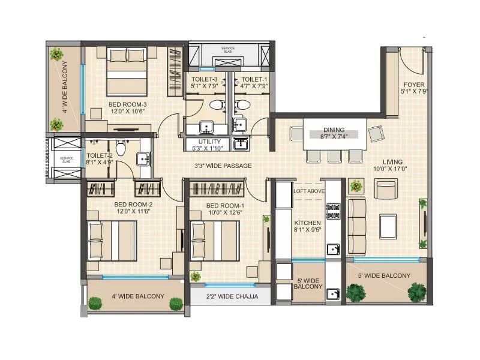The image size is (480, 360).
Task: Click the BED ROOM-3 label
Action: (127, 104)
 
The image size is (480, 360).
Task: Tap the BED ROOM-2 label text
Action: (133, 205)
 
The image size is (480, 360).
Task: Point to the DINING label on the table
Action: (334, 130)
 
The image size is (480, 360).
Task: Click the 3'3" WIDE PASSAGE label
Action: (223, 166)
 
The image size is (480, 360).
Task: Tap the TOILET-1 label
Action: (254, 79)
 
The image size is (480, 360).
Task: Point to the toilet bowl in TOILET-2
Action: (120, 148)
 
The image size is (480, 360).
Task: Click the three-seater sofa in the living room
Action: (357, 227)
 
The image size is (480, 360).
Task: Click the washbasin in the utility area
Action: (241, 144)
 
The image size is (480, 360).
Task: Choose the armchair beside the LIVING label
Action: (385, 189)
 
